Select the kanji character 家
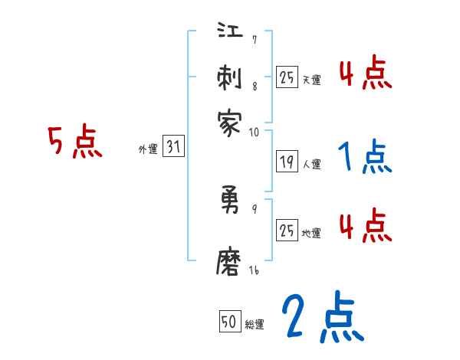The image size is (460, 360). point(230,123)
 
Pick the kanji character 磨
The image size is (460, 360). point(230,263)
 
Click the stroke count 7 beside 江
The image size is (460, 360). point(254,40)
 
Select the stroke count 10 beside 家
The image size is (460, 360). point(254,132)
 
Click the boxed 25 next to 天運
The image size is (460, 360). point(287,77)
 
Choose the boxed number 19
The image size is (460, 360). point(287,161)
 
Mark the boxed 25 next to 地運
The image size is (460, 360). point(287,230)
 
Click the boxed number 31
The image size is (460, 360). point(173,147)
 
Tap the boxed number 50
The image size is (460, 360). point(229,322)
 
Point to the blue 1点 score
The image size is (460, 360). point(365,158)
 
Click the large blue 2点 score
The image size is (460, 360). point(322,318)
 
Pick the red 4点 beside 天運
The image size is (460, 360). point(365,76)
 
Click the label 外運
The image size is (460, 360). point(148,150)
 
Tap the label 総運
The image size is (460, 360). point(254,325)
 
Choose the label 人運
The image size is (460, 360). point(312,164)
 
